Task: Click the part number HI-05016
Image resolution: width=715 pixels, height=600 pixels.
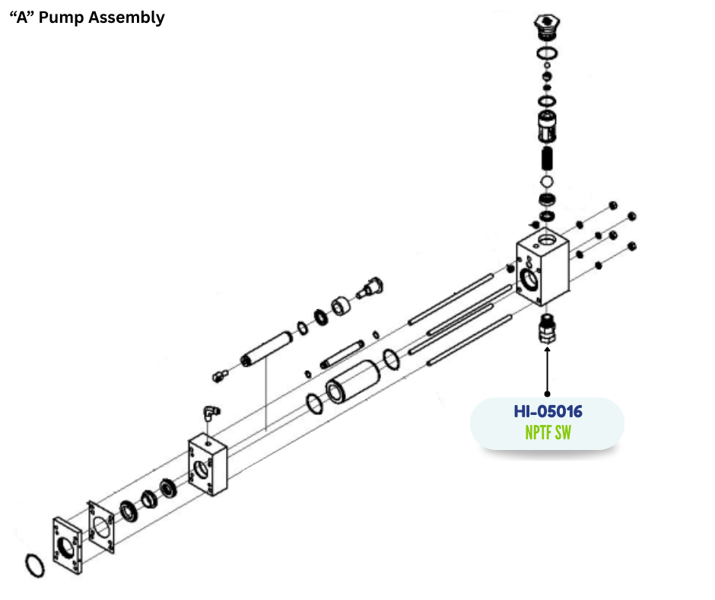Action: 548,412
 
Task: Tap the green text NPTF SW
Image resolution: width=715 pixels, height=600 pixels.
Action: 548,433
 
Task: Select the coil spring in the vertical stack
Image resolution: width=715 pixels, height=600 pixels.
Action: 546,159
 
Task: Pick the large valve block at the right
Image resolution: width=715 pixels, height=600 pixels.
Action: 543,270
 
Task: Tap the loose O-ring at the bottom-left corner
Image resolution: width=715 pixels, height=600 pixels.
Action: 35,566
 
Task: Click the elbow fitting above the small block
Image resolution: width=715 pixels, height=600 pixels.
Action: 209,413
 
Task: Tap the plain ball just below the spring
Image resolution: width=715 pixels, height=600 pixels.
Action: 546,182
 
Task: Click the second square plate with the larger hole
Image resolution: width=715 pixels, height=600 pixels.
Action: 103,530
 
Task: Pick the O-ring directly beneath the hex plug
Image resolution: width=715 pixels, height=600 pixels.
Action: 545,53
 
